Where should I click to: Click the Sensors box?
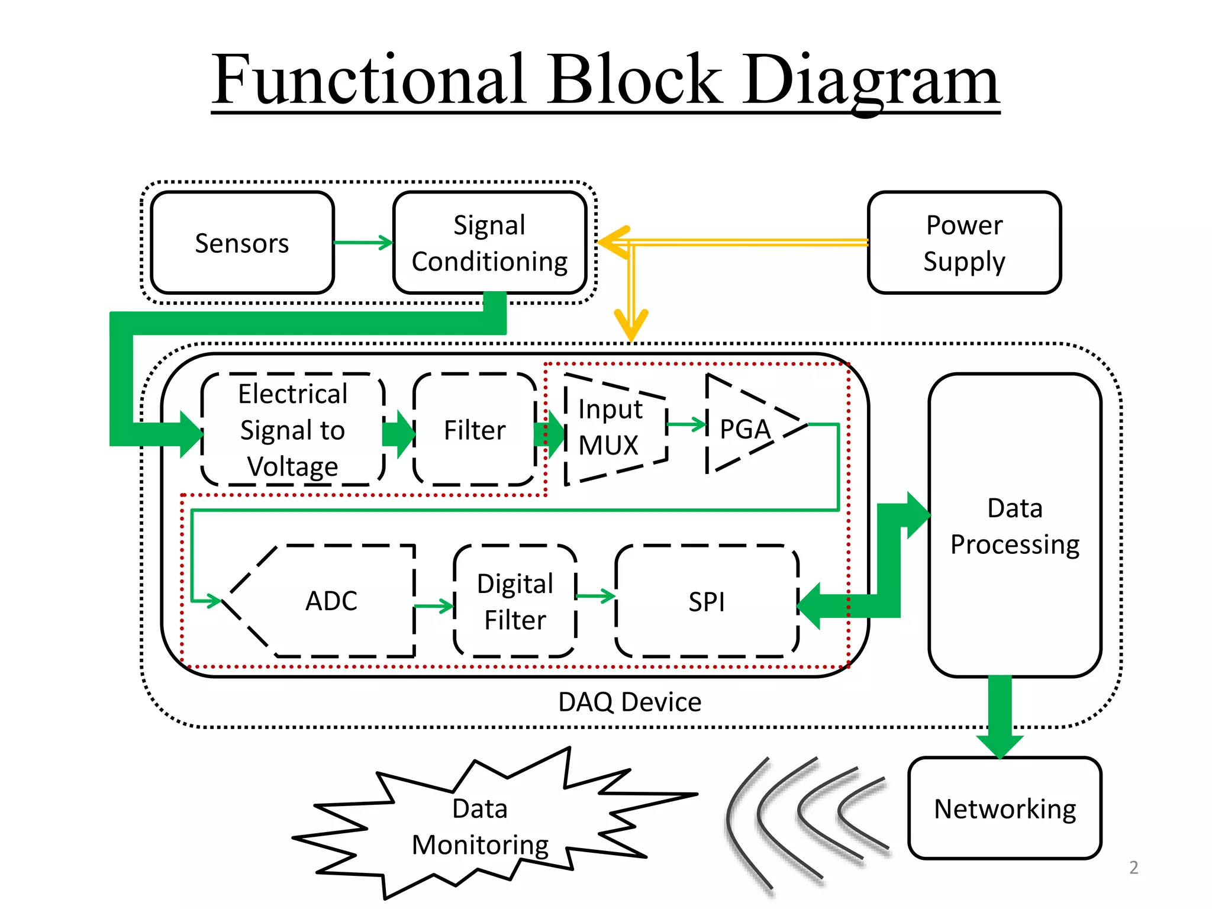242,243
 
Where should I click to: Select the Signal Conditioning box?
489,243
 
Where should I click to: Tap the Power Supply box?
964,243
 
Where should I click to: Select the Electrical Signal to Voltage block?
293,430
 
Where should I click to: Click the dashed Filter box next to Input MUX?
475,430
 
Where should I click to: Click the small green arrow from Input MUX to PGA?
687,424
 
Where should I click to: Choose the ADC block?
331,601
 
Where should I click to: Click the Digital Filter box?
515,601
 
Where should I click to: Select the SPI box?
707,601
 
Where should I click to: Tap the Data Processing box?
1014,526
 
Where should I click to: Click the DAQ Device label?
630,702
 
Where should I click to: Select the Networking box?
1004,808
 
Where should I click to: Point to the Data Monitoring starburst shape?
480,826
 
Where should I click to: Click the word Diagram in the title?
870,80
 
